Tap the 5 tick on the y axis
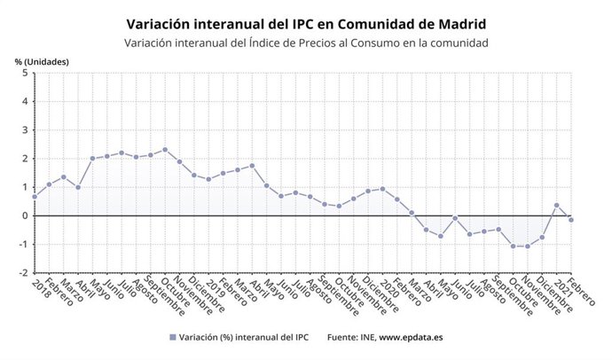pyautogui.click(x=24, y=74)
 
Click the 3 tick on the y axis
pyautogui.click(x=24, y=130)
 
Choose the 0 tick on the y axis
pyautogui.click(x=24, y=215)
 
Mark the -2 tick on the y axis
pyautogui.click(x=22, y=272)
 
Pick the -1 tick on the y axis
pyautogui.click(x=22, y=244)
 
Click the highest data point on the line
pyautogui.click(x=165, y=150)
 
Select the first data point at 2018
pyautogui.click(x=35, y=196)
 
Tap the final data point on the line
pyautogui.click(x=570, y=220)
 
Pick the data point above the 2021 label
pyautogui.click(x=556, y=205)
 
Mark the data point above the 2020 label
pyautogui.click(x=382, y=189)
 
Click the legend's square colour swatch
pyautogui.click(x=171, y=338)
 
